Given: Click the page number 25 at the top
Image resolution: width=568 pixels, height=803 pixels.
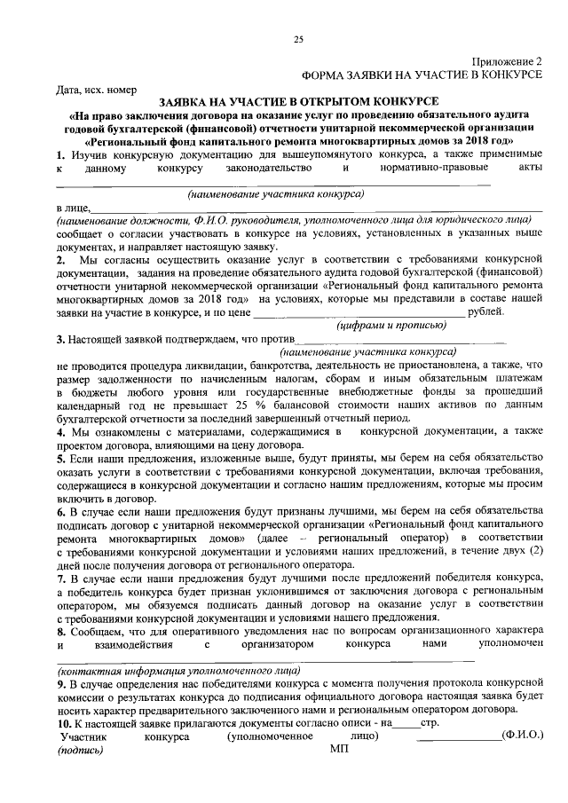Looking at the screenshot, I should [x=298, y=39].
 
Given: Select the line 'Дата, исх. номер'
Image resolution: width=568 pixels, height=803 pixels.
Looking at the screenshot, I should [x=97, y=89].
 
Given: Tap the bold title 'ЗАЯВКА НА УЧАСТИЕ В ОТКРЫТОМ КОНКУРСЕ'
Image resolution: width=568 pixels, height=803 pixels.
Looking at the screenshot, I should [x=298, y=102].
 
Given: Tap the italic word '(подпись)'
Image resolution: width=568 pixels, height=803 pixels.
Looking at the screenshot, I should [x=80, y=750].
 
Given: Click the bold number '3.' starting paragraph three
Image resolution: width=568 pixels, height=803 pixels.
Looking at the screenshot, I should [x=60, y=339].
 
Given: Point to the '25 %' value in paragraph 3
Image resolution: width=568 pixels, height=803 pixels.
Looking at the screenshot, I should [x=268, y=405].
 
